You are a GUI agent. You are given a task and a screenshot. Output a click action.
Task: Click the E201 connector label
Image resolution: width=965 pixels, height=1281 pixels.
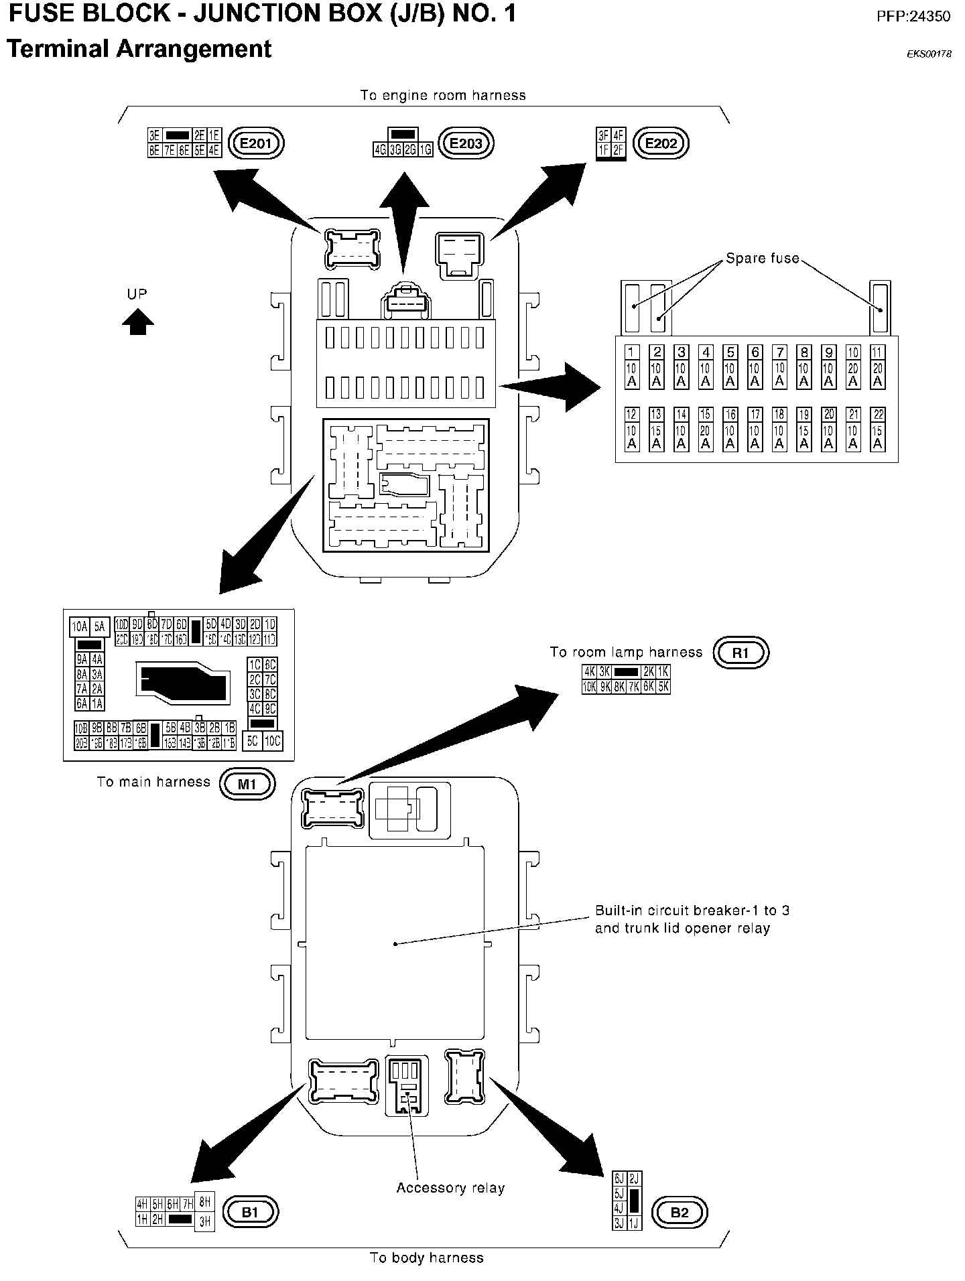257,143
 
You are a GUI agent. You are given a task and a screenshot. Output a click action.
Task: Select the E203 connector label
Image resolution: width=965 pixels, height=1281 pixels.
466,143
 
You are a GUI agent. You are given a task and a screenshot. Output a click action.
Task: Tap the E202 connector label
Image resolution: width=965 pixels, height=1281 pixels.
661,143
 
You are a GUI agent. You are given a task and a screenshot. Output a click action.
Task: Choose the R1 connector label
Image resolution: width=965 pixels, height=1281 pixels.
741,653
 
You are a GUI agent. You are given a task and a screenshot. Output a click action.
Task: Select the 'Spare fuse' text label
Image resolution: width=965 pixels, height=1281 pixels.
763,258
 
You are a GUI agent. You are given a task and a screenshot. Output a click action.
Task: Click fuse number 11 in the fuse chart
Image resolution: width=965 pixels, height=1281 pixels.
877,367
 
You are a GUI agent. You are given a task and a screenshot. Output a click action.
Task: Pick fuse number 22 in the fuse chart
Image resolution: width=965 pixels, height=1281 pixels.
877,429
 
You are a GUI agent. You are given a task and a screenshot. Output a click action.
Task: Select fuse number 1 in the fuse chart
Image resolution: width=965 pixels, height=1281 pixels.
631,367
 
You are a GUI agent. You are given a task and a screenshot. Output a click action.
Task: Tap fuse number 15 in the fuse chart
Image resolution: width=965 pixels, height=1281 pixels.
705,429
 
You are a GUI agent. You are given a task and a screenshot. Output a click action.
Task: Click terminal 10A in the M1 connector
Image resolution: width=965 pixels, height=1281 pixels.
80,627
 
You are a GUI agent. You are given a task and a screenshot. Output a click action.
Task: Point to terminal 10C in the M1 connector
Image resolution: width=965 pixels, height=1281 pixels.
272,740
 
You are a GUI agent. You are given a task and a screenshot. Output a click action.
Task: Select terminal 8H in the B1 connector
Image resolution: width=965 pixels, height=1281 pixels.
205,1203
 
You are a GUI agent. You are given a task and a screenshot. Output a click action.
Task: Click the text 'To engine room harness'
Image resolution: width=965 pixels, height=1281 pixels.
443,95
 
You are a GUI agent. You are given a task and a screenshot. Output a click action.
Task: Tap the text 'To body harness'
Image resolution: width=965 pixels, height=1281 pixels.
426,1258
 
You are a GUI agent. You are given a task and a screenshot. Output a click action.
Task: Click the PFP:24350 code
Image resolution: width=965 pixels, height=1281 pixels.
913,16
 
